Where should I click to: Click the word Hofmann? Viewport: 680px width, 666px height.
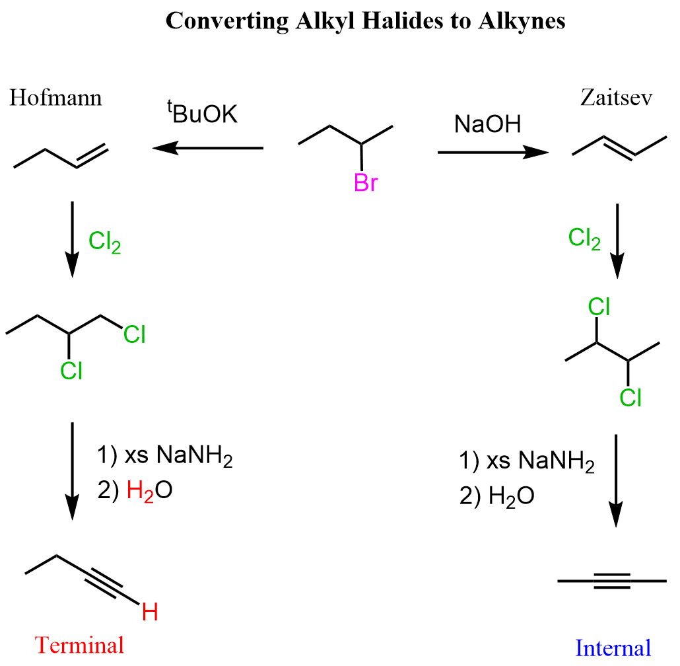pyautogui.click(x=55, y=98)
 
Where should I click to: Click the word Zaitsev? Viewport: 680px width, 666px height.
pyautogui.click(x=616, y=98)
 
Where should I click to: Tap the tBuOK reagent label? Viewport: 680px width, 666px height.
pyautogui.click(x=203, y=112)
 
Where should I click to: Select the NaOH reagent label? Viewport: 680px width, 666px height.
pyautogui.click(x=487, y=124)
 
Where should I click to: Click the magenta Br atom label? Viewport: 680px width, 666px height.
pyautogui.click(x=366, y=182)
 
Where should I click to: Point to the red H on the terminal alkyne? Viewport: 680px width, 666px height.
pyautogui.click(x=150, y=612)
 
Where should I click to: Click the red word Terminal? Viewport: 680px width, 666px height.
pyautogui.click(x=79, y=645)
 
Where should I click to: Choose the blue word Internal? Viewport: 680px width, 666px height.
pyautogui.click(x=613, y=647)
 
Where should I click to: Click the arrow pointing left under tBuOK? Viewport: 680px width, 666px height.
pyautogui.click(x=208, y=148)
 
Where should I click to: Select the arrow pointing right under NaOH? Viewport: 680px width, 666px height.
pyautogui.click(x=494, y=152)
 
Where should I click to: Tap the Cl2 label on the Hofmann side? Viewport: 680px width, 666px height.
pyautogui.click(x=104, y=242)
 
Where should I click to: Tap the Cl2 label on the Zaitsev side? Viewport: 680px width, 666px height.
pyautogui.click(x=584, y=239)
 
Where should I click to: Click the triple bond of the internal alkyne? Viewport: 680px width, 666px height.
pyautogui.click(x=612, y=581)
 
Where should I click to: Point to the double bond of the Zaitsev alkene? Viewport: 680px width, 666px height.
pyautogui.click(x=620, y=148)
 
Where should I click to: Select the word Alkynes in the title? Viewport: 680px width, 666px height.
pyautogui.click(x=522, y=21)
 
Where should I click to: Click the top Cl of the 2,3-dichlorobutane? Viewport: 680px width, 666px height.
pyautogui.click(x=599, y=307)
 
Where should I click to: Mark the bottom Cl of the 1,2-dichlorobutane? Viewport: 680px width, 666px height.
pyautogui.click(x=71, y=371)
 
